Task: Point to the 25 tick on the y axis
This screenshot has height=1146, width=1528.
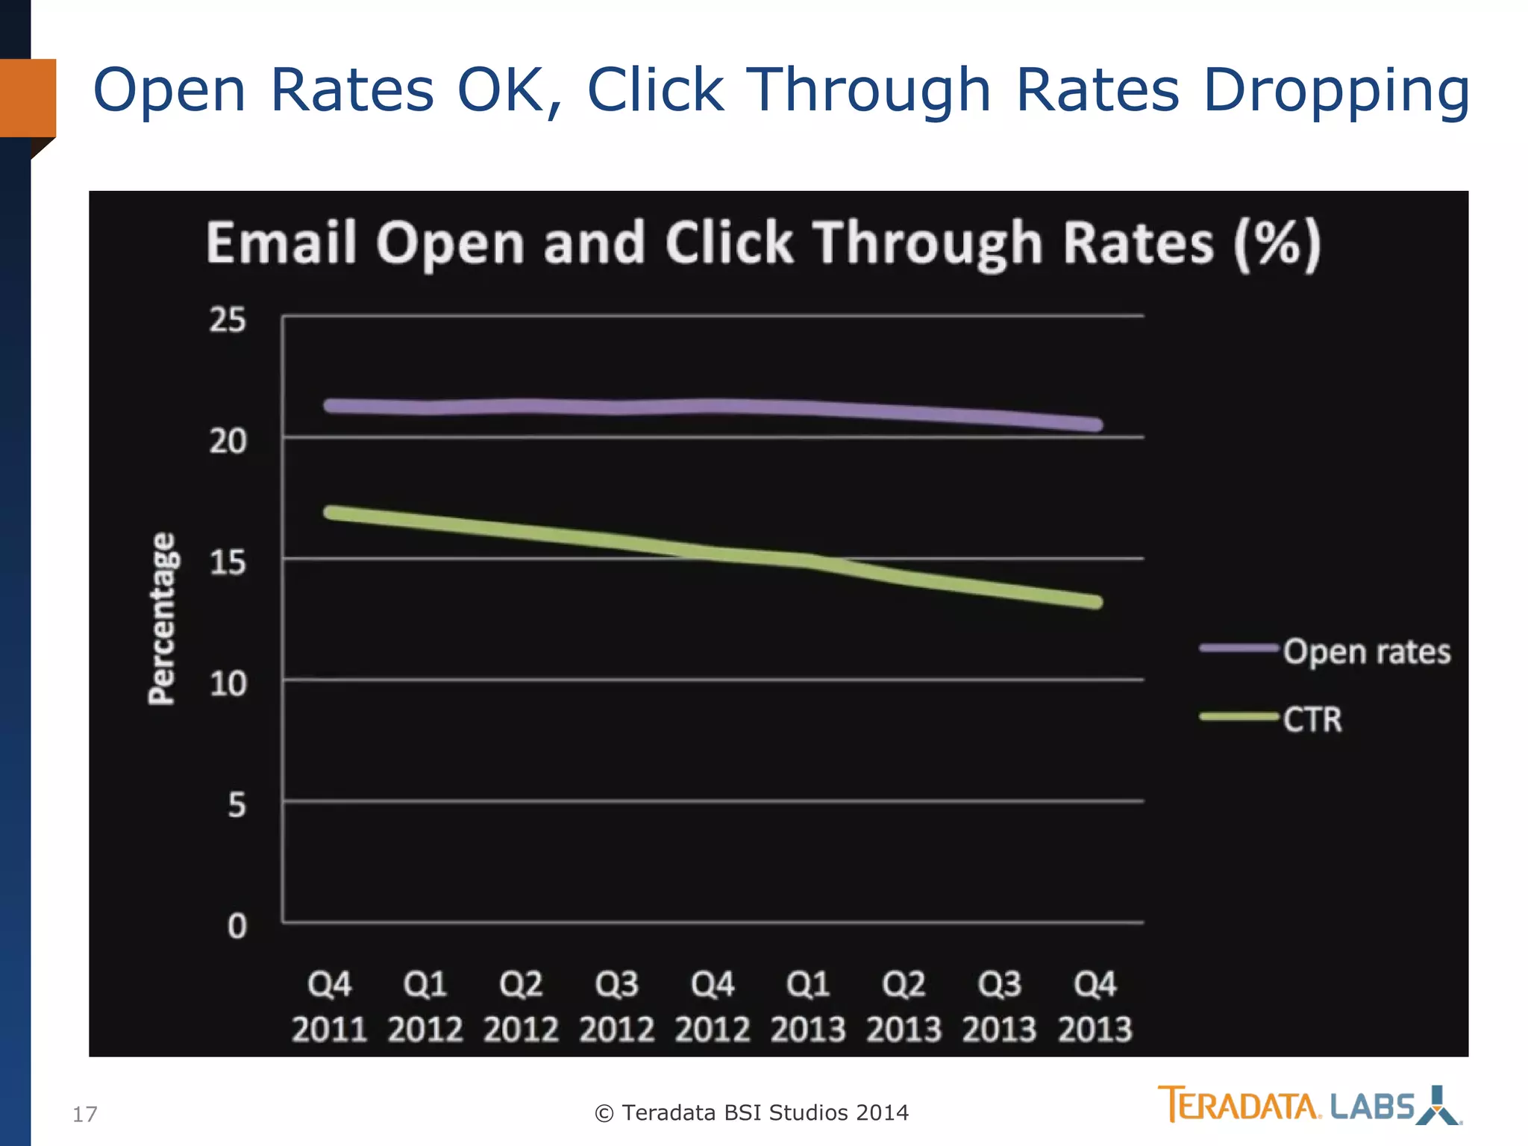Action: tap(228, 320)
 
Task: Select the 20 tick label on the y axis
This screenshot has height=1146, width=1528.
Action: tap(228, 442)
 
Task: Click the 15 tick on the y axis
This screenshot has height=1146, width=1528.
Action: tap(228, 563)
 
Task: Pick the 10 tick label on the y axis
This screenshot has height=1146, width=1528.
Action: tap(228, 684)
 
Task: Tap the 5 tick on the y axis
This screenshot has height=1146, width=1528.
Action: tap(237, 806)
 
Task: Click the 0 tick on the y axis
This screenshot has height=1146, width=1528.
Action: tap(237, 927)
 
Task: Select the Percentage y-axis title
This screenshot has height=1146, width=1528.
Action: tap(162, 618)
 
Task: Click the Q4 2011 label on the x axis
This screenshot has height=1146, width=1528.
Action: tap(329, 1006)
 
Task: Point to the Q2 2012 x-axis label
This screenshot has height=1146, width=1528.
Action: tap(521, 1006)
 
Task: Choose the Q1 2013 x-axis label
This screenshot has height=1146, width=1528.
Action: tap(808, 1006)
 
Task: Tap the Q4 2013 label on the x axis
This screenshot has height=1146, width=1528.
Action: tap(1095, 1006)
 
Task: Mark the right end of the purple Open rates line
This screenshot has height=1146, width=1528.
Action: tap(1095, 425)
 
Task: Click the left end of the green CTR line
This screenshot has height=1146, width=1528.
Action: tap(331, 513)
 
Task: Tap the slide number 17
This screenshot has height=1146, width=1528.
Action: tap(84, 1114)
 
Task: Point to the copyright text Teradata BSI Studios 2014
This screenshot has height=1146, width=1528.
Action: tap(751, 1112)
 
